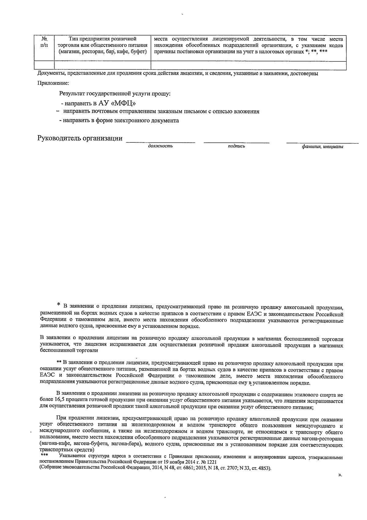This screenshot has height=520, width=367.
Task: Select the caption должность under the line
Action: click(160, 146)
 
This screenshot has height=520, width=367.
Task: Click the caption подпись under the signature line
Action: click(236, 146)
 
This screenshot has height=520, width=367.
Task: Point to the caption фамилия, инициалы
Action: click(322, 147)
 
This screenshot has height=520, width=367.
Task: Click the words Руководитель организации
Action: click(80, 138)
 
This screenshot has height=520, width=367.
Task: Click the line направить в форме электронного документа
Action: click(119, 120)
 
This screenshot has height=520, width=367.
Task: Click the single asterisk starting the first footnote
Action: click(59, 305)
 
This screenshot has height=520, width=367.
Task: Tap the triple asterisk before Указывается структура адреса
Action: click(44, 455)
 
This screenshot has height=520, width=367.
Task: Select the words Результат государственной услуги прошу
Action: click(115, 93)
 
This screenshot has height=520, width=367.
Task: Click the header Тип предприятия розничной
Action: click(102, 39)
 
